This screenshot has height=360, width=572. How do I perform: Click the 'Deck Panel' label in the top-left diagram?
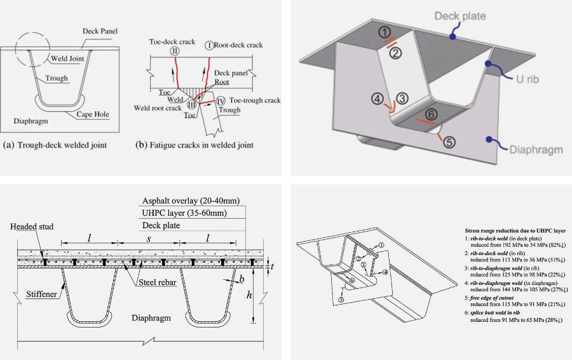pos(100,31)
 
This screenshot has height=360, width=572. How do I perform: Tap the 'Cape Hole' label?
pos(93,114)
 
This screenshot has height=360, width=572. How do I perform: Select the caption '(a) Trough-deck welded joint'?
pos(55,145)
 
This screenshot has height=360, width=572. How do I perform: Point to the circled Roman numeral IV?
pos(221,100)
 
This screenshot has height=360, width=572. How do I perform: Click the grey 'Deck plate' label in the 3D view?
pos(460,16)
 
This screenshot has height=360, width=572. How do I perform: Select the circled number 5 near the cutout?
pos(449,142)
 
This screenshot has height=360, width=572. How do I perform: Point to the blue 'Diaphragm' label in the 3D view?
pos(535,149)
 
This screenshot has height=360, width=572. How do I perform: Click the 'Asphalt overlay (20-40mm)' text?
pos(191,200)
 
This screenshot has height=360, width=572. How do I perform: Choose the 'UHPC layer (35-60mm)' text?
pos(182,212)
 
